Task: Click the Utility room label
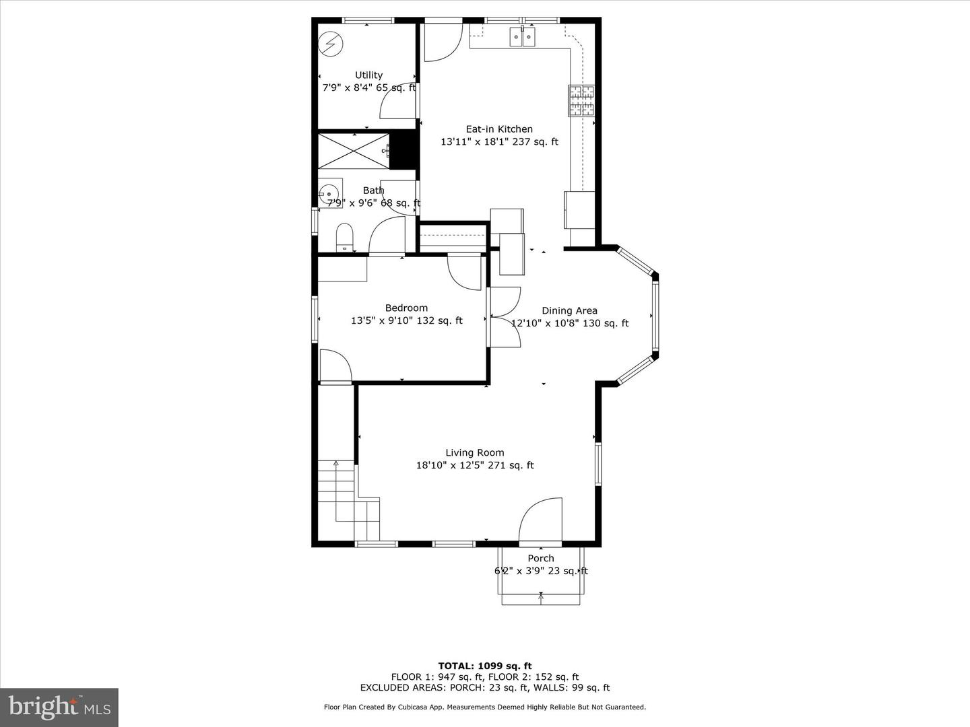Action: pos(368,75)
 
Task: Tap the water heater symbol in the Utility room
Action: pos(330,44)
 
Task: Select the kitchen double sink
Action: pos(523,36)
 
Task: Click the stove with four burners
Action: pos(581,100)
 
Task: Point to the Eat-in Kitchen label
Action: pos(499,129)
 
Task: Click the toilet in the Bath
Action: pos(344,237)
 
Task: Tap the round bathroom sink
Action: pos(329,193)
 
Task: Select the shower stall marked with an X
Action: pos(353,151)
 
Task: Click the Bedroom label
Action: pos(406,308)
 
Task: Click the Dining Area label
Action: pos(569,311)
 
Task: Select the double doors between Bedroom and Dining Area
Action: pos(505,316)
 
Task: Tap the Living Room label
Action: pos(474,453)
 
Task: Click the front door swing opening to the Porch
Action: pos(540,520)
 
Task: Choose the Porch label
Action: pos(541,559)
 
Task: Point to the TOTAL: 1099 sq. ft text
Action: pos(485,666)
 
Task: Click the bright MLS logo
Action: pos(59,707)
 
